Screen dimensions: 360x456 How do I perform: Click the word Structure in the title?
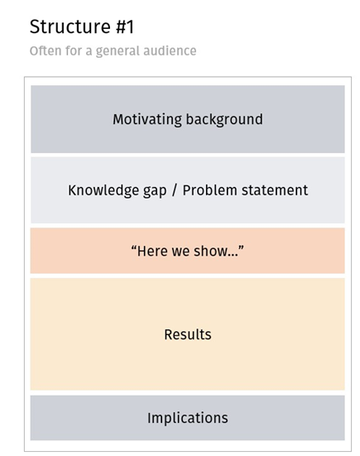point(70,26)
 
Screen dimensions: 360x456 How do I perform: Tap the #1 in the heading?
point(125,26)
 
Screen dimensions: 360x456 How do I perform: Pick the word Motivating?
point(147,120)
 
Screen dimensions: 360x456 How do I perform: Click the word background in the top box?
point(224,119)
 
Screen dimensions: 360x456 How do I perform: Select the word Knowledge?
point(103,191)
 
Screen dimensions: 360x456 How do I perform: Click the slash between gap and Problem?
point(175,190)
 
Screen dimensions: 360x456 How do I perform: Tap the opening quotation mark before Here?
point(134,247)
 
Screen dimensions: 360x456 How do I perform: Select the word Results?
point(188,334)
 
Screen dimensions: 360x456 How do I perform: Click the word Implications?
point(188,419)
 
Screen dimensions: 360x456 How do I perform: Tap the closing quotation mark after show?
point(241,247)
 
